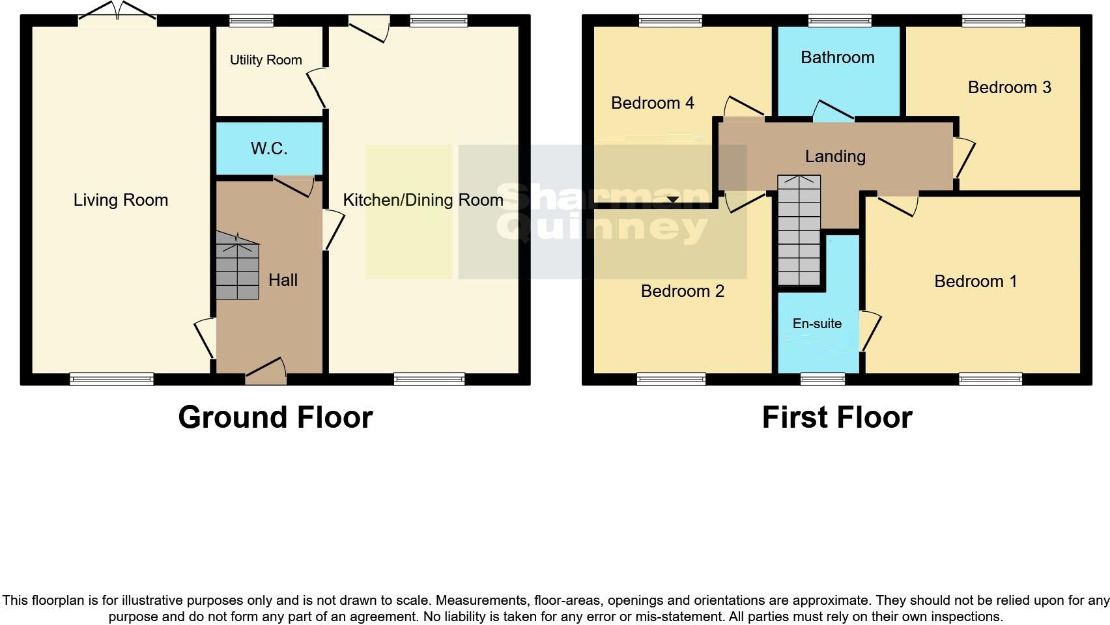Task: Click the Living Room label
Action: tap(121, 200)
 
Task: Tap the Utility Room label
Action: tap(266, 60)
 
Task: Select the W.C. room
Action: tap(269, 148)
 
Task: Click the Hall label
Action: tap(283, 280)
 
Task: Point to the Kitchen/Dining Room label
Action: tap(423, 200)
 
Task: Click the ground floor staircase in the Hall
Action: tap(237, 268)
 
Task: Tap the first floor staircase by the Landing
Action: tap(799, 230)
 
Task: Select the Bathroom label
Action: tap(837, 57)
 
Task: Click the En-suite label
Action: tap(817, 324)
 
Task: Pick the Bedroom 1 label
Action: tap(975, 281)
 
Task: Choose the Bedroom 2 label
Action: tap(682, 291)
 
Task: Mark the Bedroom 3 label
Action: tap(1009, 87)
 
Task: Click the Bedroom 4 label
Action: tap(652, 103)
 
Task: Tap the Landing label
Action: tap(834, 156)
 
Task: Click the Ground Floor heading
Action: tap(275, 417)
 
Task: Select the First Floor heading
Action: tap(836, 417)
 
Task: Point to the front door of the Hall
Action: tap(266, 374)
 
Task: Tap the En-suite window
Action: tap(822, 379)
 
